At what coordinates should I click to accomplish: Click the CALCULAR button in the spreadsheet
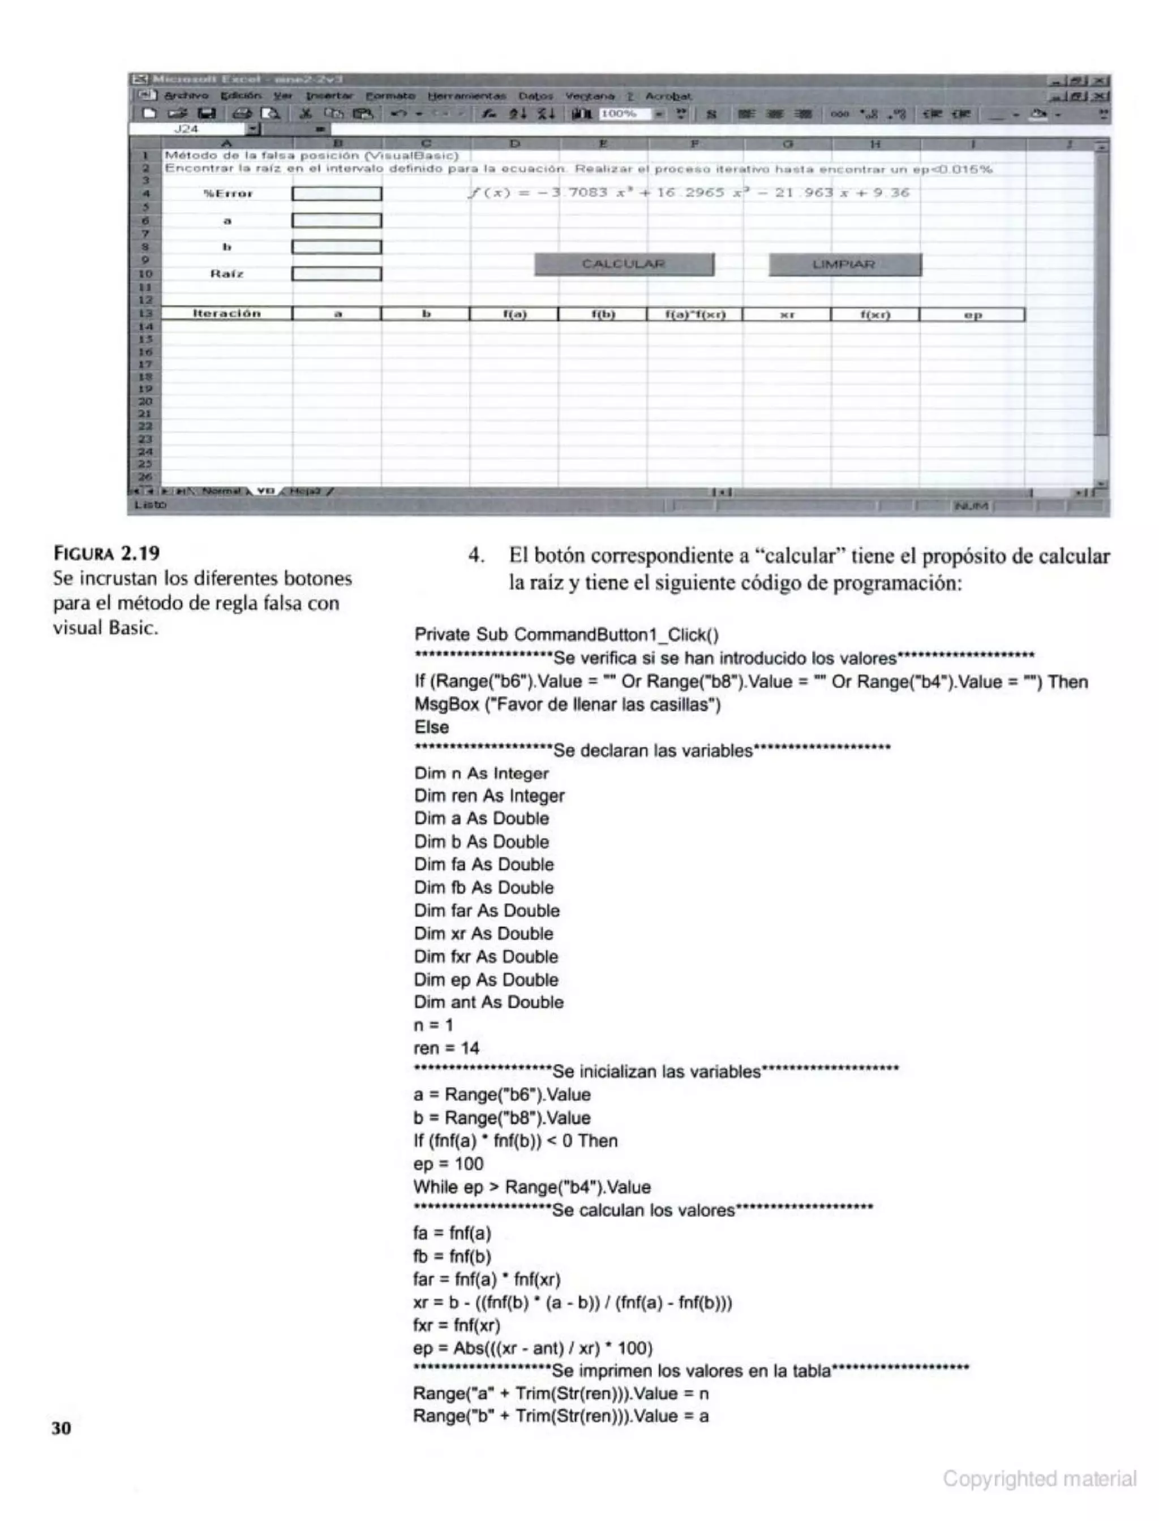tap(624, 264)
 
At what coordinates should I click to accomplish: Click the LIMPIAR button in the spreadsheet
tap(844, 264)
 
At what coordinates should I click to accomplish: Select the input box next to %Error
tap(337, 194)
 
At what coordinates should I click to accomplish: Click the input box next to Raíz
tap(337, 274)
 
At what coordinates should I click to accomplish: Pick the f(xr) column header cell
tap(875, 315)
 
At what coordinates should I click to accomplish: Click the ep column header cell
tap(972, 315)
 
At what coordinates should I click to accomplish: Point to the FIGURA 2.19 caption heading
tap(106, 553)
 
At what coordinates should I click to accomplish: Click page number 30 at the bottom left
tap(61, 1428)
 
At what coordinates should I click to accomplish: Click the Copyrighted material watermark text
tap(1039, 1478)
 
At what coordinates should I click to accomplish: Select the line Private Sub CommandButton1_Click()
tap(566, 635)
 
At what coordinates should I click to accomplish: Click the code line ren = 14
tap(447, 1049)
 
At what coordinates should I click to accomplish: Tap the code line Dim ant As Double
tap(488, 1002)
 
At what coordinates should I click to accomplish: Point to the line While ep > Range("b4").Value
tap(532, 1187)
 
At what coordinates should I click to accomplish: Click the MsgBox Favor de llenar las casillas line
tap(567, 704)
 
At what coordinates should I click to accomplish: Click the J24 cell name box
tap(186, 129)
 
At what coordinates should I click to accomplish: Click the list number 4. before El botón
tap(476, 555)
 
